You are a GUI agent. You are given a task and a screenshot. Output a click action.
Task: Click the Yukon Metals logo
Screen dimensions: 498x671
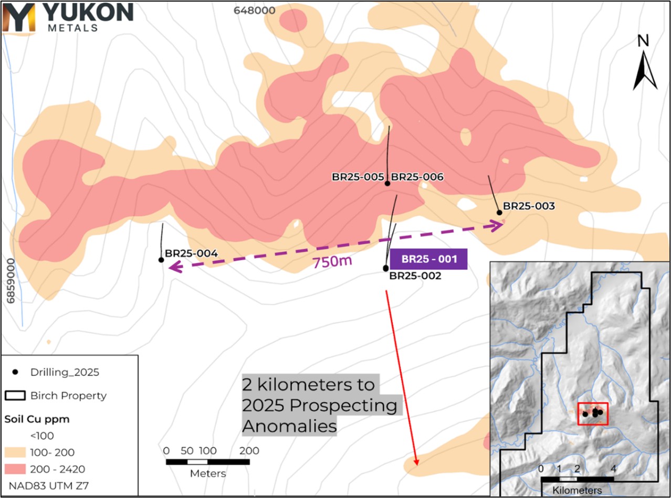click(x=67, y=17)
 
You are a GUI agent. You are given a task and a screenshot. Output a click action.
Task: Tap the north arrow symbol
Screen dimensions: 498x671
click(x=645, y=63)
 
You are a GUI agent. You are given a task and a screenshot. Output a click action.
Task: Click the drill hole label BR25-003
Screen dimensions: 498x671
click(x=529, y=206)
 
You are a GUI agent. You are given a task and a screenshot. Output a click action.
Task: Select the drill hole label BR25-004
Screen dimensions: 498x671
click(x=191, y=253)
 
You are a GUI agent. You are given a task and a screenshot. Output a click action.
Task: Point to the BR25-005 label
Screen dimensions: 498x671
click(x=358, y=177)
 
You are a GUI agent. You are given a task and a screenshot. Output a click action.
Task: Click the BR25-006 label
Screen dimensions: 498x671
click(x=417, y=177)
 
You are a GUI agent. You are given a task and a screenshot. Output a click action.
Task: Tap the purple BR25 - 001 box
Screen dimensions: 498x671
click(x=428, y=259)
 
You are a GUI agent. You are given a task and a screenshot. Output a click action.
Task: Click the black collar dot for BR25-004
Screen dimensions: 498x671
click(x=161, y=260)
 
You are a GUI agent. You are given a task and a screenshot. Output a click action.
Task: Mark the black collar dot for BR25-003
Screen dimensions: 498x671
click(x=499, y=213)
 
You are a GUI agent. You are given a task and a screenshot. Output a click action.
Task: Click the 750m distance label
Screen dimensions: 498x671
click(x=332, y=261)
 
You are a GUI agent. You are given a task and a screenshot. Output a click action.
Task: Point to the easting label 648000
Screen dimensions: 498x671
click(x=255, y=10)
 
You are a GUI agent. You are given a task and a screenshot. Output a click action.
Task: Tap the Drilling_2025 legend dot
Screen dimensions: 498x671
click(x=16, y=372)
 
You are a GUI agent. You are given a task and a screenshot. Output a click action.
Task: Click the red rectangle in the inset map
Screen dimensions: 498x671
click(x=592, y=414)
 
